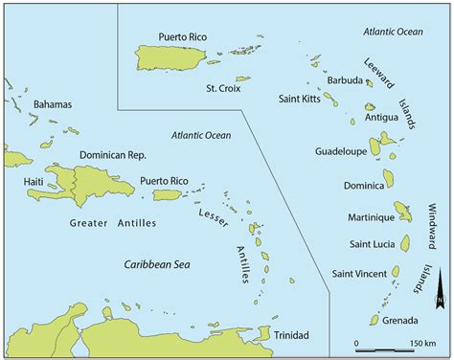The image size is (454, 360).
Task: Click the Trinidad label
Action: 291,335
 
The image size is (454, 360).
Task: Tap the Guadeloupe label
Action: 340,151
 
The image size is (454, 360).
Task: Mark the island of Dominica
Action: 389,178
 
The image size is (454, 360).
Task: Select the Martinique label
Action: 358,217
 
